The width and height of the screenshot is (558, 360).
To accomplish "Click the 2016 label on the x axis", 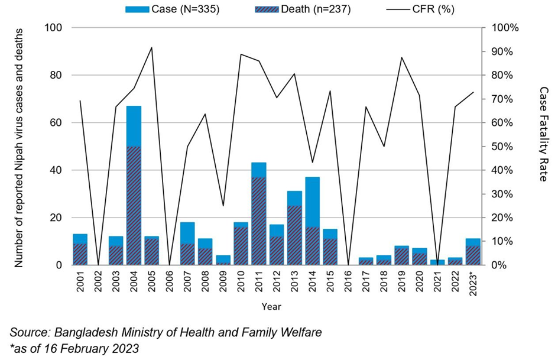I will coord(348,283).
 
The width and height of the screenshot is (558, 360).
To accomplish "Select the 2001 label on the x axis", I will coord(80,283).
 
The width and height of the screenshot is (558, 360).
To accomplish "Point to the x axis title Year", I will coord(271,306).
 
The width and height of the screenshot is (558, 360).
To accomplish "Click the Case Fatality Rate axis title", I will coord(543,134).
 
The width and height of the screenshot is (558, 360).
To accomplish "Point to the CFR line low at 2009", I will coord(223,206).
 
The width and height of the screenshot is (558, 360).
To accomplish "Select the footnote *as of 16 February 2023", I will coord(74,349).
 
